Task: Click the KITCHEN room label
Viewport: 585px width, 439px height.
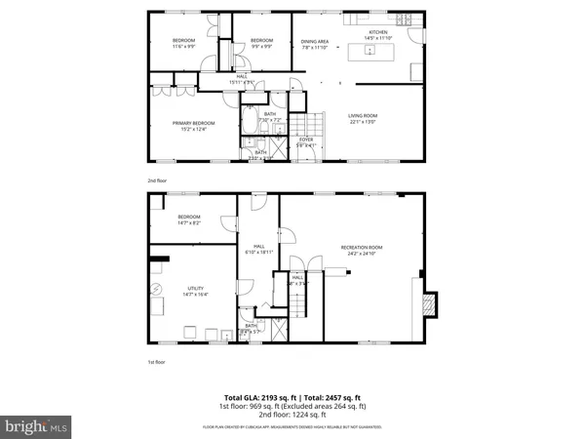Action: (x=377, y=32)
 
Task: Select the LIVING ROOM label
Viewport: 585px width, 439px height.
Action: (x=363, y=116)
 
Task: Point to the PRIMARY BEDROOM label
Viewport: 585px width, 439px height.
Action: (x=192, y=122)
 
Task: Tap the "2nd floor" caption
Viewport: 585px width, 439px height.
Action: (x=156, y=180)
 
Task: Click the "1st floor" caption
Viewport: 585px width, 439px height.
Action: (x=156, y=361)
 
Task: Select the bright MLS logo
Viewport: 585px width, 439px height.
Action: (x=36, y=426)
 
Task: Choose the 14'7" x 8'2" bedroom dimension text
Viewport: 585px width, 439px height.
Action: (x=188, y=223)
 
